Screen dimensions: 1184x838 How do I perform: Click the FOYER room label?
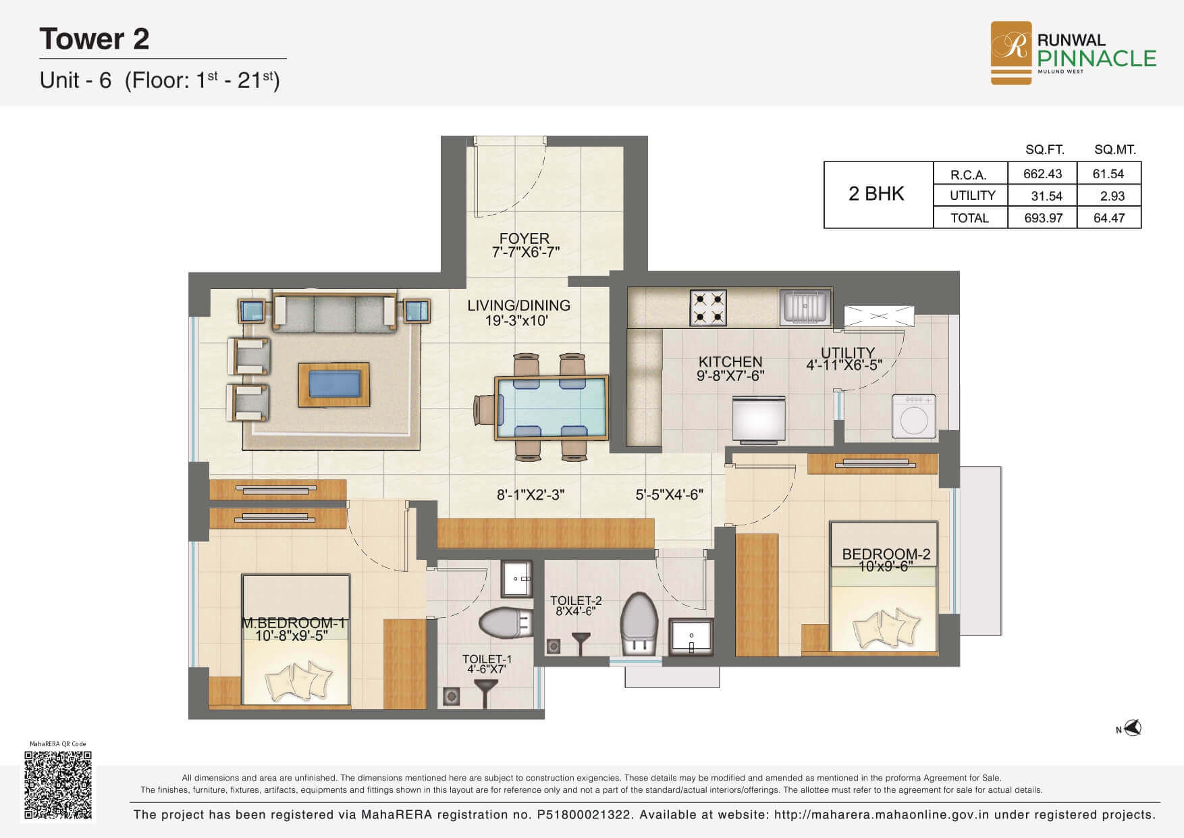click(524, 238)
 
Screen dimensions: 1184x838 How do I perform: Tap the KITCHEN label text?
click(730, 362)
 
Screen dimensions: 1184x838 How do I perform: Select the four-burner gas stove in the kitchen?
click(708, 307)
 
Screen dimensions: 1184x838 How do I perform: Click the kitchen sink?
click(805, 307)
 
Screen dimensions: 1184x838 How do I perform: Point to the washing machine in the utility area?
click(914, 416)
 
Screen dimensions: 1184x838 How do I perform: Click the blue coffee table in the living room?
click(334, 384)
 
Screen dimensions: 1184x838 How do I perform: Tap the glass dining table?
click(551, 408)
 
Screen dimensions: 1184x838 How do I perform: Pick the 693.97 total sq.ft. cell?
click(1043, 218)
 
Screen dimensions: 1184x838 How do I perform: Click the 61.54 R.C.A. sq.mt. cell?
click(1108, 174)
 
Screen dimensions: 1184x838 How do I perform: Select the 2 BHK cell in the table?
click(876, 194)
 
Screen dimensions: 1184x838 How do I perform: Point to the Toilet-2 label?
click(576, 600)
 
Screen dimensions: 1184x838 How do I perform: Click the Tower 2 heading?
click(95, 38)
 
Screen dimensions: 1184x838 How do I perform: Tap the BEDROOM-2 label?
click(886, 554)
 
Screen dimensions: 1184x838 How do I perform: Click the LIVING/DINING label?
click(518, 305)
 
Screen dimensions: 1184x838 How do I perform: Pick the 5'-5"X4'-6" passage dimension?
click(669, 495)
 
